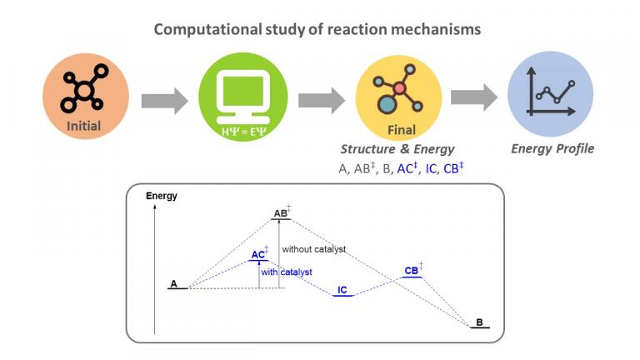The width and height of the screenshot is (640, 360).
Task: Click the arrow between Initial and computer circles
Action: click(164, 101)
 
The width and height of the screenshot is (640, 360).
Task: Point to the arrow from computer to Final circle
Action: click(321, 101)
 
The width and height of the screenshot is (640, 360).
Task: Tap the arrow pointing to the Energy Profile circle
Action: click(473, 98)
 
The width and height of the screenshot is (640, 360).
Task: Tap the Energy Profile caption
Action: click(552, 149)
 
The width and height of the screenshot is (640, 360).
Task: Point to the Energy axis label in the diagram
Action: click(162, 197)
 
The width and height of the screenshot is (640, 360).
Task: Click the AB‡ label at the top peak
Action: click(282, 214)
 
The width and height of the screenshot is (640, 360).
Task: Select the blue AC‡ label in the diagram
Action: click(259, 253)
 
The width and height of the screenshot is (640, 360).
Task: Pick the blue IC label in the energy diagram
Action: click(342, 290)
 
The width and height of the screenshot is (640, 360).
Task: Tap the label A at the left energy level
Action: click(173, 284)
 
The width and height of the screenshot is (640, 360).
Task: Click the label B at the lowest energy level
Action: click(479, 322)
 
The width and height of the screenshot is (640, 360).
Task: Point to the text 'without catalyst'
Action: click(313, 249)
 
